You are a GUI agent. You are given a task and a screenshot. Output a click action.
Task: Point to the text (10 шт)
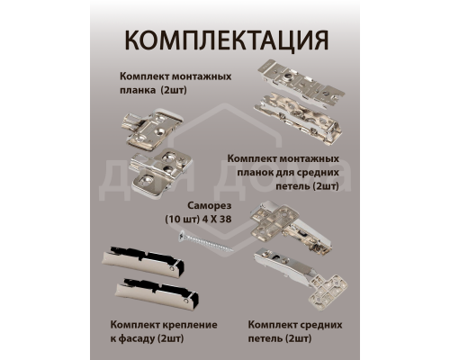tap(184, 220)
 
